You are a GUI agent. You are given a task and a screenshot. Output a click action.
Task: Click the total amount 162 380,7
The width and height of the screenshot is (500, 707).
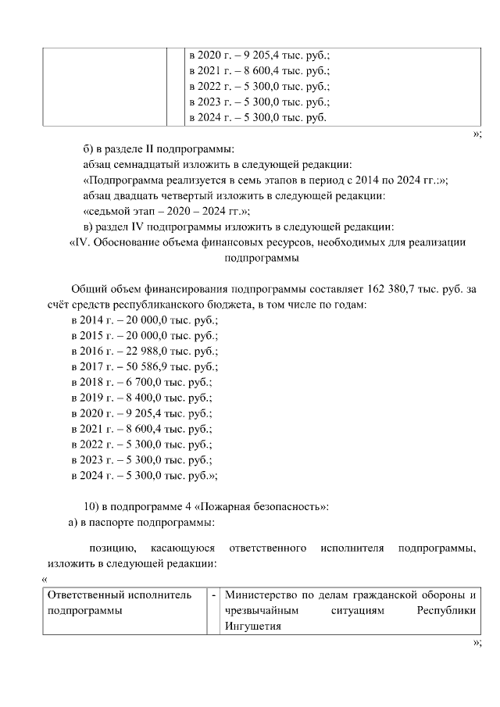(386, 289)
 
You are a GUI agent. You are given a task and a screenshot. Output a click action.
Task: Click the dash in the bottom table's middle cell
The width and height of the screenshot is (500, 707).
(213, 596)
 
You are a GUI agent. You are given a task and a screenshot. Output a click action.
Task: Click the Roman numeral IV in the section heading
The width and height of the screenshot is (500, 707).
(81, 243)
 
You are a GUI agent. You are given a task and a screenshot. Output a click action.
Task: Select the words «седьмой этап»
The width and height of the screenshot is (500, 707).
(118, 212)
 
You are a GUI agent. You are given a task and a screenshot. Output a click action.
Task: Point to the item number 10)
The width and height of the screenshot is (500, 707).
(92, 506)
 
